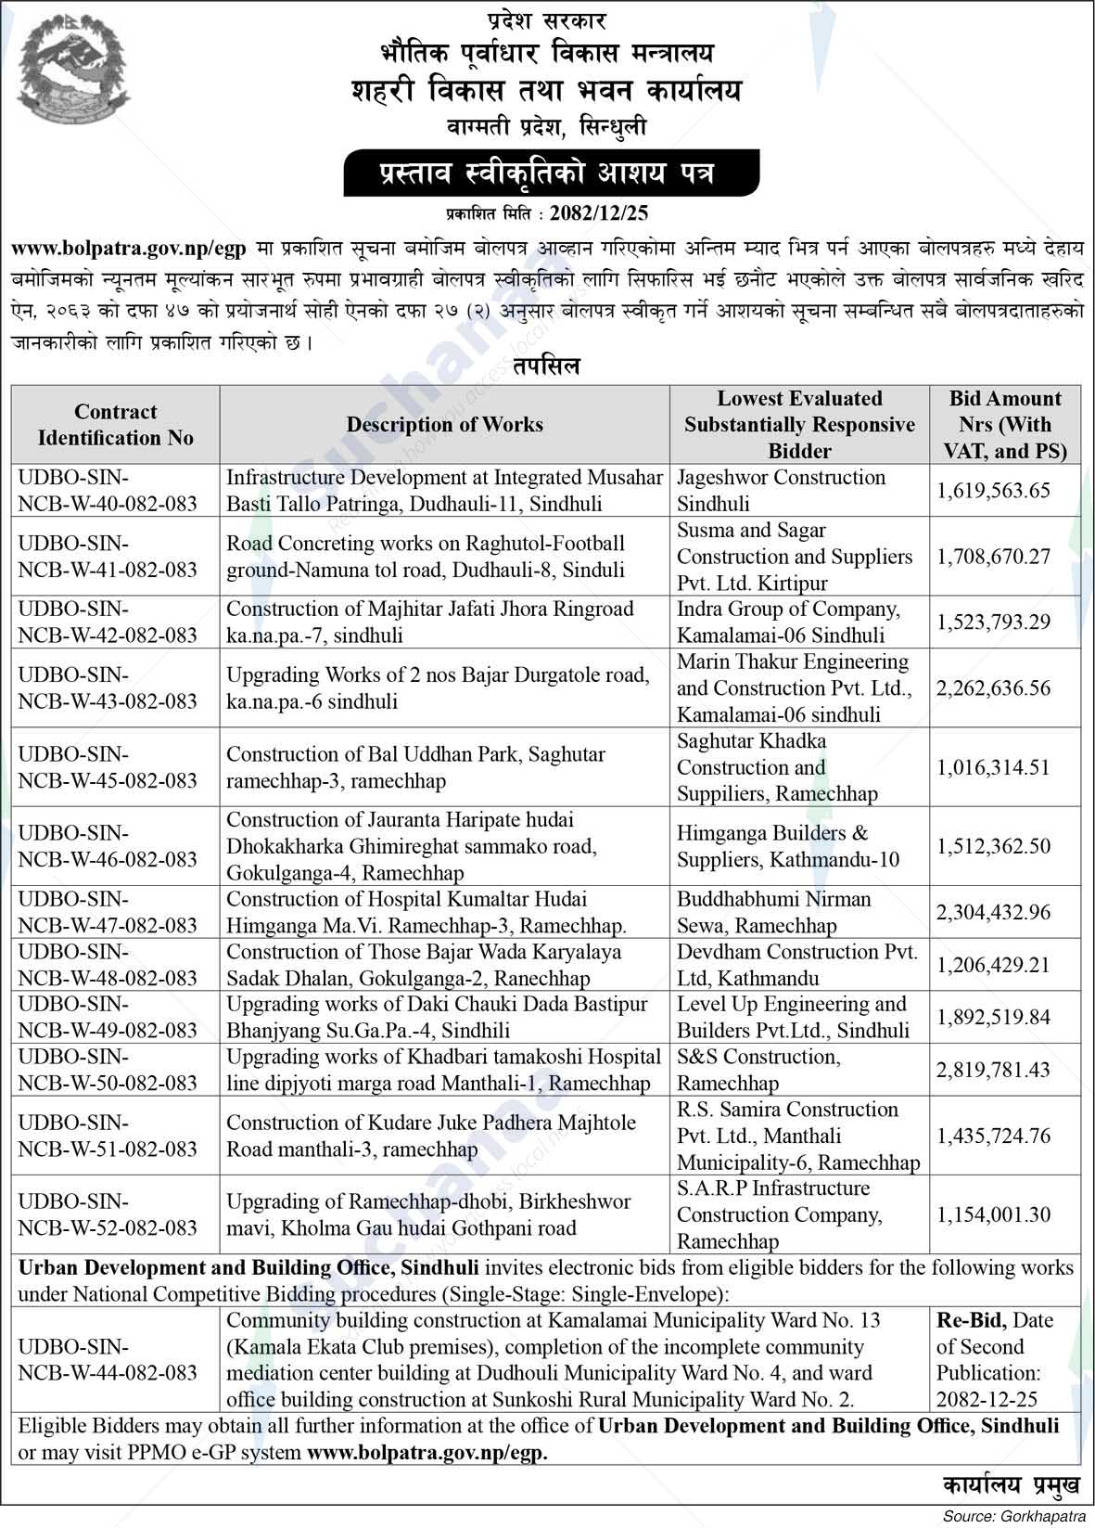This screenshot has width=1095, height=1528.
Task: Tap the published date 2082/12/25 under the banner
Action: pyautogui.click(x=598, y=213)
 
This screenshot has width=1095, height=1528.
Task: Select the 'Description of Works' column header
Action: pyautogui.click(x=444, y=425)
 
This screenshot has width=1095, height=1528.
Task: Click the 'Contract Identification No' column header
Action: pyautogui.click(x=115, y=425)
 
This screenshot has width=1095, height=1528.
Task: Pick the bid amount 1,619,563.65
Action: pyautogui.click(x=1006, y=491)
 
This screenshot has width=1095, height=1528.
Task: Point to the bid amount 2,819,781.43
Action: pyautogui.click(x=1006, y=1070)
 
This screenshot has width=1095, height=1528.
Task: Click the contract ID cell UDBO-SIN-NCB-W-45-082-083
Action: pyautogui.click(x=108, y=767)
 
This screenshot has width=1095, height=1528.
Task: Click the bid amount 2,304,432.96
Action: pyautogui.click(x=1006, y=912)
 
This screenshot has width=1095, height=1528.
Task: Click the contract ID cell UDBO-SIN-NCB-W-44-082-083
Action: pyautogui.click(x=108, y=1359)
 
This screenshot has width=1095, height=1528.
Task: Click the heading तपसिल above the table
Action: pyautogui.click(x=547, y=366)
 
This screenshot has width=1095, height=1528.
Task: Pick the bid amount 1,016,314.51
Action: pyautogui.click(x=1006, y=767)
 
